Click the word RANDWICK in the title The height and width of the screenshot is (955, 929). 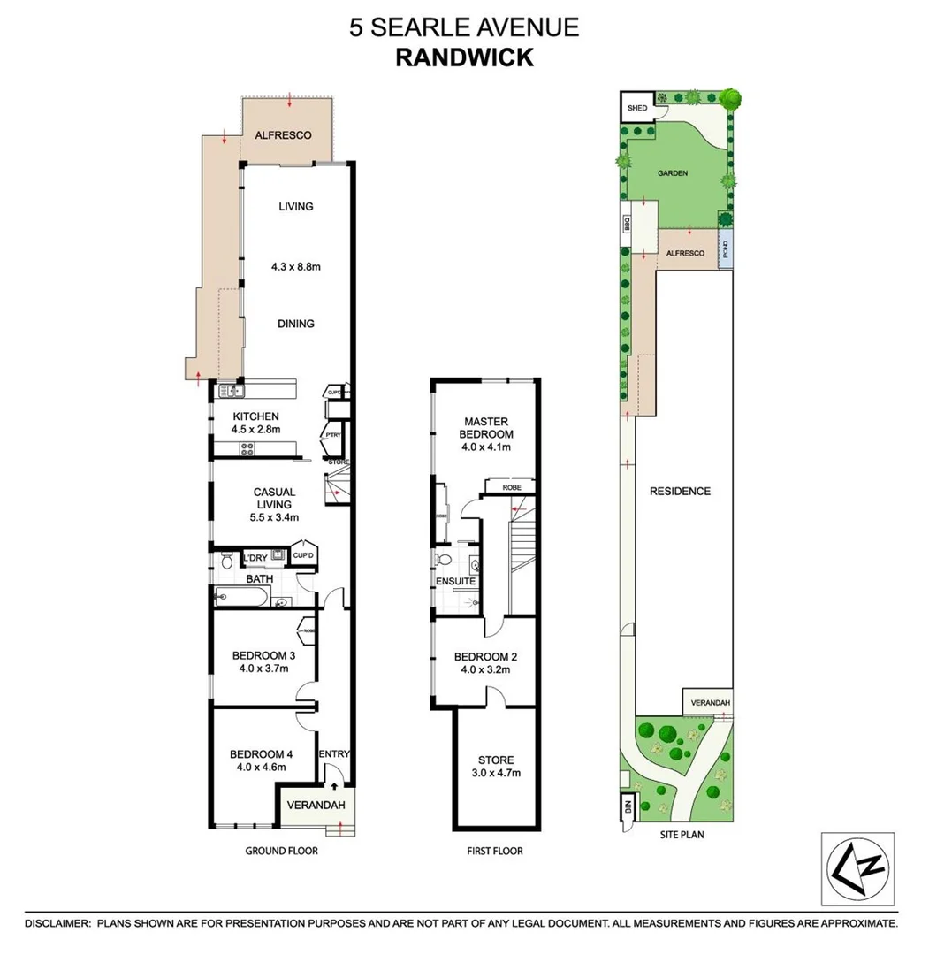(464, 57)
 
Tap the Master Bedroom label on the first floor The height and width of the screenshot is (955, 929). (485, 428)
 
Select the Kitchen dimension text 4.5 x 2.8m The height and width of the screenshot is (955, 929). (256, 430)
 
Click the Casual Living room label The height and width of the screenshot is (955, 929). (274, 498)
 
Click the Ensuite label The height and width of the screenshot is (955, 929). (456, 581)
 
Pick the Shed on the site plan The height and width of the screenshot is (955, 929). (636, 108)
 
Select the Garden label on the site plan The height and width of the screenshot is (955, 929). (673, 173)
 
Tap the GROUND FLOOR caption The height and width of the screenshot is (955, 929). (281, 851)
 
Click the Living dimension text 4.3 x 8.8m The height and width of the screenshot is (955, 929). (296, 264)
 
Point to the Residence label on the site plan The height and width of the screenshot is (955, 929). (680, 491)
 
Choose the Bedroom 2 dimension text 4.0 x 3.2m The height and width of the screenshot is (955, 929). (485, 669)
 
